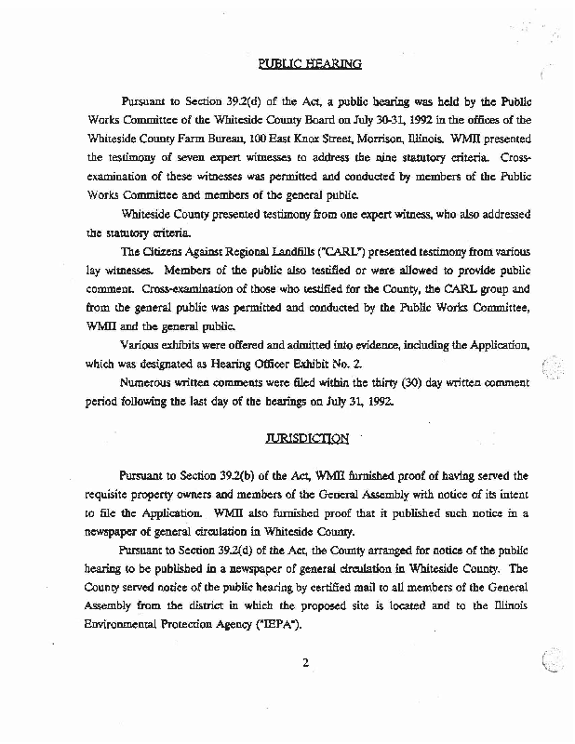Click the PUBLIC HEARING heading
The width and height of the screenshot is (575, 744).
[x=308, y=64]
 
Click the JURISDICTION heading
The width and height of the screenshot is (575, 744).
[x=308, y=438]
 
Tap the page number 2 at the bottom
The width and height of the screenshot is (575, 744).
[x=304, y=662]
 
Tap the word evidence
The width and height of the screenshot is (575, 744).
[x=418, y=343]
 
